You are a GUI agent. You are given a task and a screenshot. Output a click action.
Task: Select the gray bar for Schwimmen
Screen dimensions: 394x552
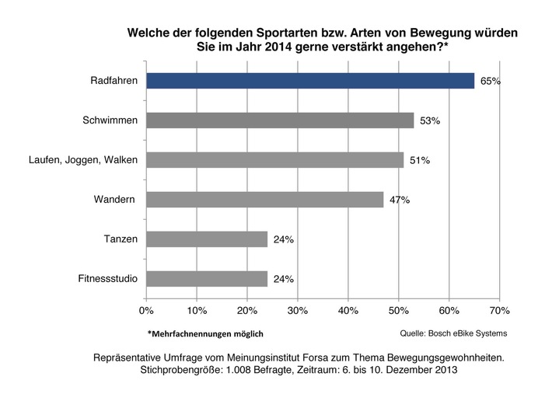click(280, 120)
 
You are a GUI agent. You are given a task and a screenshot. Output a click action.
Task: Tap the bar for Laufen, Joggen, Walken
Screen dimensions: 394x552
click(274, 160)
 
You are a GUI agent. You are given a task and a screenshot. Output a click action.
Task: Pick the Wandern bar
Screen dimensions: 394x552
click(264, 200)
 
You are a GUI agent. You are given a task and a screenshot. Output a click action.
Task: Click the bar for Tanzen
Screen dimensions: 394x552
click(207, 239)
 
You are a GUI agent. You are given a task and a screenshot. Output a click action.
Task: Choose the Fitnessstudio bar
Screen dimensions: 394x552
click(207, 279)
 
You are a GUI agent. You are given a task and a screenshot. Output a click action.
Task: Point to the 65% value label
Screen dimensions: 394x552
click(490, 82)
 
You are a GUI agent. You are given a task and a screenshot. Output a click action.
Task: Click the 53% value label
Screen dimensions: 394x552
click(430, 121)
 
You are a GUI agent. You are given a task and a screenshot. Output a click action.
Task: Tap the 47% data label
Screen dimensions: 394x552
click(400, 200)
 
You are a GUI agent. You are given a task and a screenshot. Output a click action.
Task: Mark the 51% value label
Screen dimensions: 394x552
click(420, 161)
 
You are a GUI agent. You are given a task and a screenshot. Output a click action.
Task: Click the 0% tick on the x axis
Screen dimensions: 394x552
click(146, 311)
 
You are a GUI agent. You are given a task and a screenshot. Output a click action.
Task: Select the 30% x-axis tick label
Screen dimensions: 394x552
click(298, 311)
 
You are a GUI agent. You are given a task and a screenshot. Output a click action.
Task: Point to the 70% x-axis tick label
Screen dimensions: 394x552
click(500, 311)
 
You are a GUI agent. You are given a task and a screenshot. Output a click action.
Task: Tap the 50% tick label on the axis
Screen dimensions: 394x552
click(399, 311)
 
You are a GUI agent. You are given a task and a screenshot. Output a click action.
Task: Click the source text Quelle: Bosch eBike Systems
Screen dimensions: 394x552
click(452, 333)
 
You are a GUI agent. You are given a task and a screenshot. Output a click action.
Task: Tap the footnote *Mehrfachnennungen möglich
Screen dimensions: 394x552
click(205, 334)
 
